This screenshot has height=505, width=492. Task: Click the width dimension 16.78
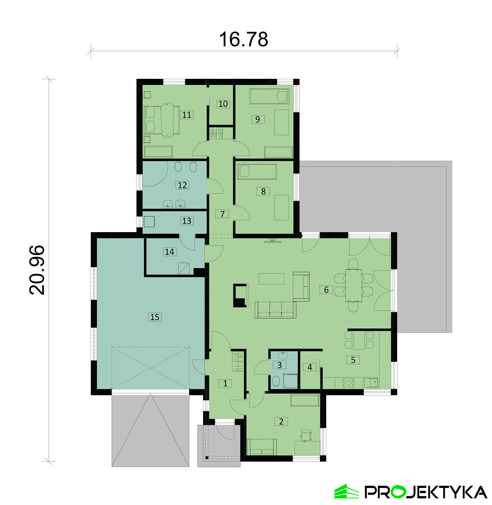pyautogui.click(x=243, y=39)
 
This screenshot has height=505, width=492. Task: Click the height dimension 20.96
pyautogui.click(x=37, y=270)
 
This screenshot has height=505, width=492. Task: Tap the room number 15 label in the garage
pyautogui.click(x=155, y=317)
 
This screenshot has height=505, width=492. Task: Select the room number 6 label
pyautogui.click(x=326, y=290)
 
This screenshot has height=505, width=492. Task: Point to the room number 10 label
pyautogui.click(x=223, y=104)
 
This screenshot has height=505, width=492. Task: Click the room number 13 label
pyautogui.click(x=186, y=221)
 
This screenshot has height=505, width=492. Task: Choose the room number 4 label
pyautogui.click(x=310, y=367)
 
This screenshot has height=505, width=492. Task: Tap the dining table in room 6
pyautogui.click(x=354, y=285)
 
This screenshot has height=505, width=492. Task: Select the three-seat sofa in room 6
pyautogui.click(x=275, y=310)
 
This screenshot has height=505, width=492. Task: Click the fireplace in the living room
pyautogui.click(x=240, y=295)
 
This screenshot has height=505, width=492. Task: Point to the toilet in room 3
pyautogui.click(x=276, y=381)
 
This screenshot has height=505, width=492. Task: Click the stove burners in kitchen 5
pyautogui.click(x=348, y=383)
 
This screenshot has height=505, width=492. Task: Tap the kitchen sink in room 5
pyautogui.click(x=371, y=383)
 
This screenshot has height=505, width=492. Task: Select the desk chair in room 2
pyautogui.click(x=306, y=435)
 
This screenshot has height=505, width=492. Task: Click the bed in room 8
pyautogui.click(x=257, y=171)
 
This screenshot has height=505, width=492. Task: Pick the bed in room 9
pyautogui.click(x=269, y=97)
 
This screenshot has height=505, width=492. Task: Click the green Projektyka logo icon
pyautogui.click(x=346, y=491)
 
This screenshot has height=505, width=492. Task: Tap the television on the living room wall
pyautogui.click(x=271, y=240)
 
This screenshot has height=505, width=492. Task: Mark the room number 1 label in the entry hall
pyautogui.click(x=225, y=383)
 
